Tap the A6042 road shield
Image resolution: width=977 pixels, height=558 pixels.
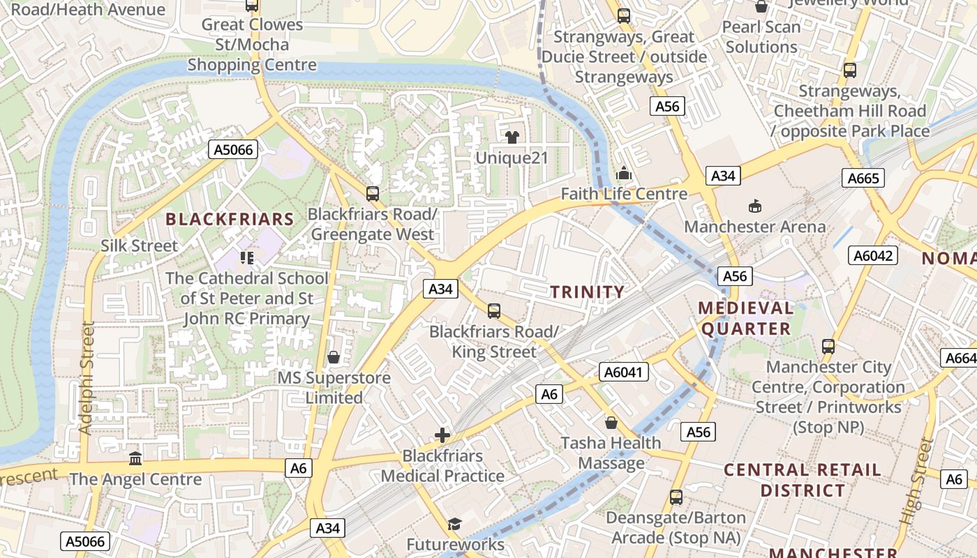tap(873, 255)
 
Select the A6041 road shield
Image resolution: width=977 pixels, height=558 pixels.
tap(623, 372)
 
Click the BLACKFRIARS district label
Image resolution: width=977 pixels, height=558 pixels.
tap(230, 219)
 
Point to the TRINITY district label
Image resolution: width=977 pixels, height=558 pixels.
tap(588, 292)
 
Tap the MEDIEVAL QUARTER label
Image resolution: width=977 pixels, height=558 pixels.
tap(746, 318)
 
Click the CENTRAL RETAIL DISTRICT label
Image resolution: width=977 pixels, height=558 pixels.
tap(803, 480)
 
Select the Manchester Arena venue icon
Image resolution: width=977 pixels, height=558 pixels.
tap(754, 206)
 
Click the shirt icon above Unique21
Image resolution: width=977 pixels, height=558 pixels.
tap(512, 137)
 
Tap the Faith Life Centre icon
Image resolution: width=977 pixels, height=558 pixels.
tap(623, 173)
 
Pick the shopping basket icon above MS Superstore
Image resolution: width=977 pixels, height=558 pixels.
tap(334, 357)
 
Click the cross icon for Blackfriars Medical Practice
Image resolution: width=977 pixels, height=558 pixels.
tap(442, 435)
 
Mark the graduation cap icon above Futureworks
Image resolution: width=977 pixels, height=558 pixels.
tap(454, 524)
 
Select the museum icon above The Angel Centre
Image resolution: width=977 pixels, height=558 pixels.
tap(135, 458)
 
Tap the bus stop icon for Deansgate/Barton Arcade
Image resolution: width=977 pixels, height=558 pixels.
tap(676, 497)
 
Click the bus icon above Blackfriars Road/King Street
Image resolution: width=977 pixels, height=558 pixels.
tap(493, 310)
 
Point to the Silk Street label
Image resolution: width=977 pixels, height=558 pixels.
tap(139, 246)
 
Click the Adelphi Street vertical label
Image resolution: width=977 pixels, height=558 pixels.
tap(86, 377)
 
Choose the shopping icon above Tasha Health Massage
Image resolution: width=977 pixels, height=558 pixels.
tap(611, 422)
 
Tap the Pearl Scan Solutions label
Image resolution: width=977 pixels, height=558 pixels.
tap(761, 37)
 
